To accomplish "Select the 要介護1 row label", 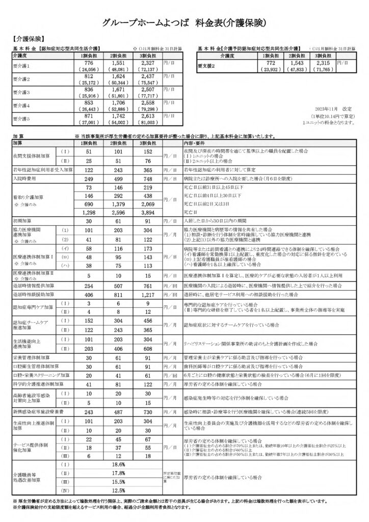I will (x=21, y=66).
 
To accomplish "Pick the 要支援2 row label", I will (x=207, y=66).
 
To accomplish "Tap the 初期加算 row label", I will (x=21, y=221).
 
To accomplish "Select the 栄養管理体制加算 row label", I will (x=32, y=372).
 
